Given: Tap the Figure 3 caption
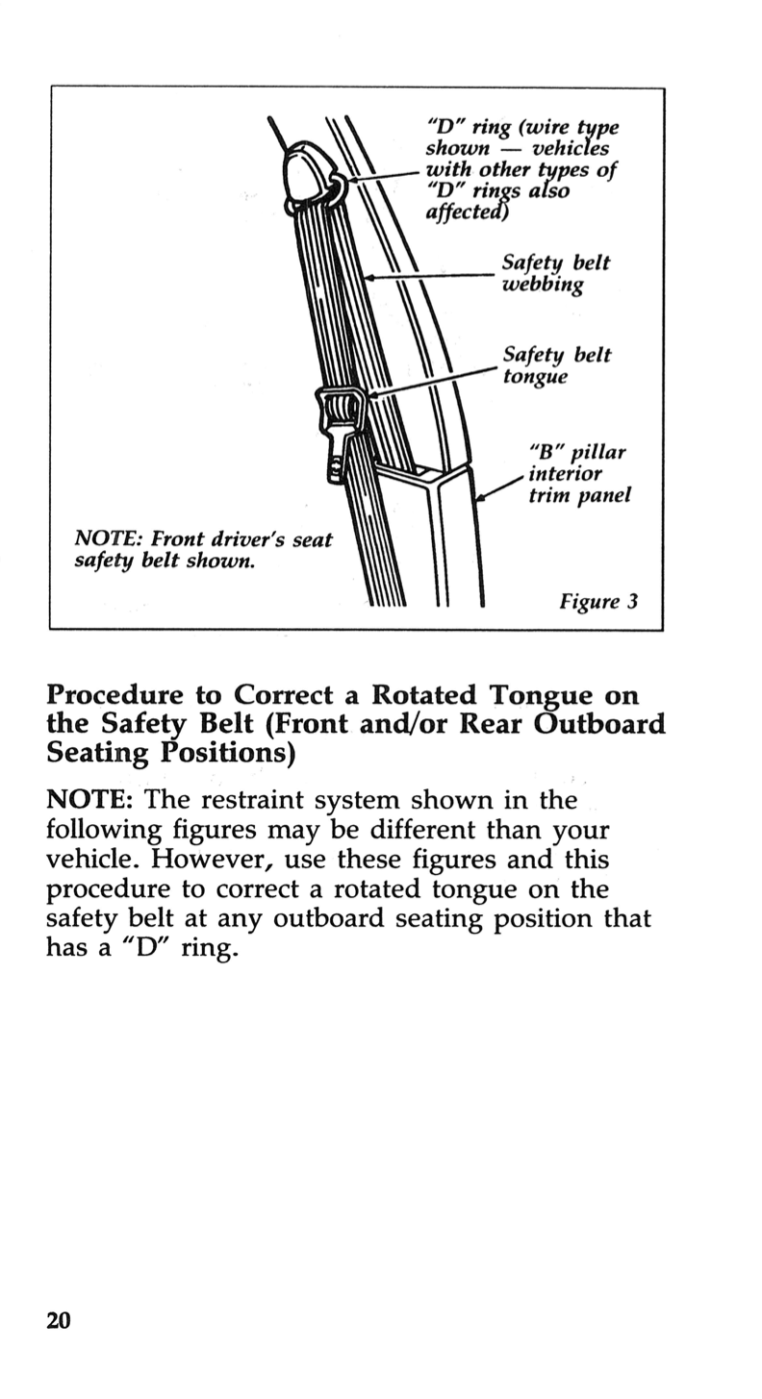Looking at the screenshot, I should point(599,603).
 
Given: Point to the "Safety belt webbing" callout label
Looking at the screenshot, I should point(555,274).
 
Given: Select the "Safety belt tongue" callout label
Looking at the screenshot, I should point(555,366).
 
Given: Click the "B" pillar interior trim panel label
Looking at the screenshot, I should point(579,474).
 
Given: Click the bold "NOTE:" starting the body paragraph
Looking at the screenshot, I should point(90,800).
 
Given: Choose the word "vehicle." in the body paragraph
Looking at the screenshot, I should point(93,859).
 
